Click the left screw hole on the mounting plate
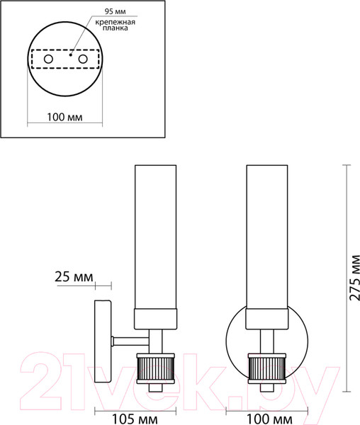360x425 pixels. pos(48,59)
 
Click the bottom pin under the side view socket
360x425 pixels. pos(155,388)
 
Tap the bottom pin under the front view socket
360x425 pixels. pos(268,388)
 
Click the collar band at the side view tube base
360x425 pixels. pos(155,319)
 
